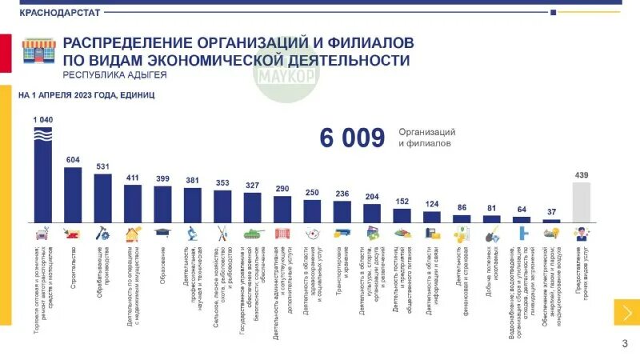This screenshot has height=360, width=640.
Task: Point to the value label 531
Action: click(102, 166)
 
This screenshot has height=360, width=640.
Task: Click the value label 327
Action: click(252, 186)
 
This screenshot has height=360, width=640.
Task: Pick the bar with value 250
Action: click(312, 210)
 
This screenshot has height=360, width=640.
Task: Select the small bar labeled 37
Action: click(551, 221)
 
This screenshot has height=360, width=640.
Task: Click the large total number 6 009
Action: click(352, 138)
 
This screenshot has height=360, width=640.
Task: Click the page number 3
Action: click(624, 344)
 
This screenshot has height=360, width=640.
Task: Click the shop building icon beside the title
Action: click(38, 50)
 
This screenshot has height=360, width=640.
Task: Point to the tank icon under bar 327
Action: click(253, 234)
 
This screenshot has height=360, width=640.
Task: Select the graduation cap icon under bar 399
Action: click(162, 233)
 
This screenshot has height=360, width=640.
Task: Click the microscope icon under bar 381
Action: click(193, 234)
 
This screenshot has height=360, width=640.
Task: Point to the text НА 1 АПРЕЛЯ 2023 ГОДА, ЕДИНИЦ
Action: click(87, 95)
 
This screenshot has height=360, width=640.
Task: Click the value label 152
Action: click(402, 201)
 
